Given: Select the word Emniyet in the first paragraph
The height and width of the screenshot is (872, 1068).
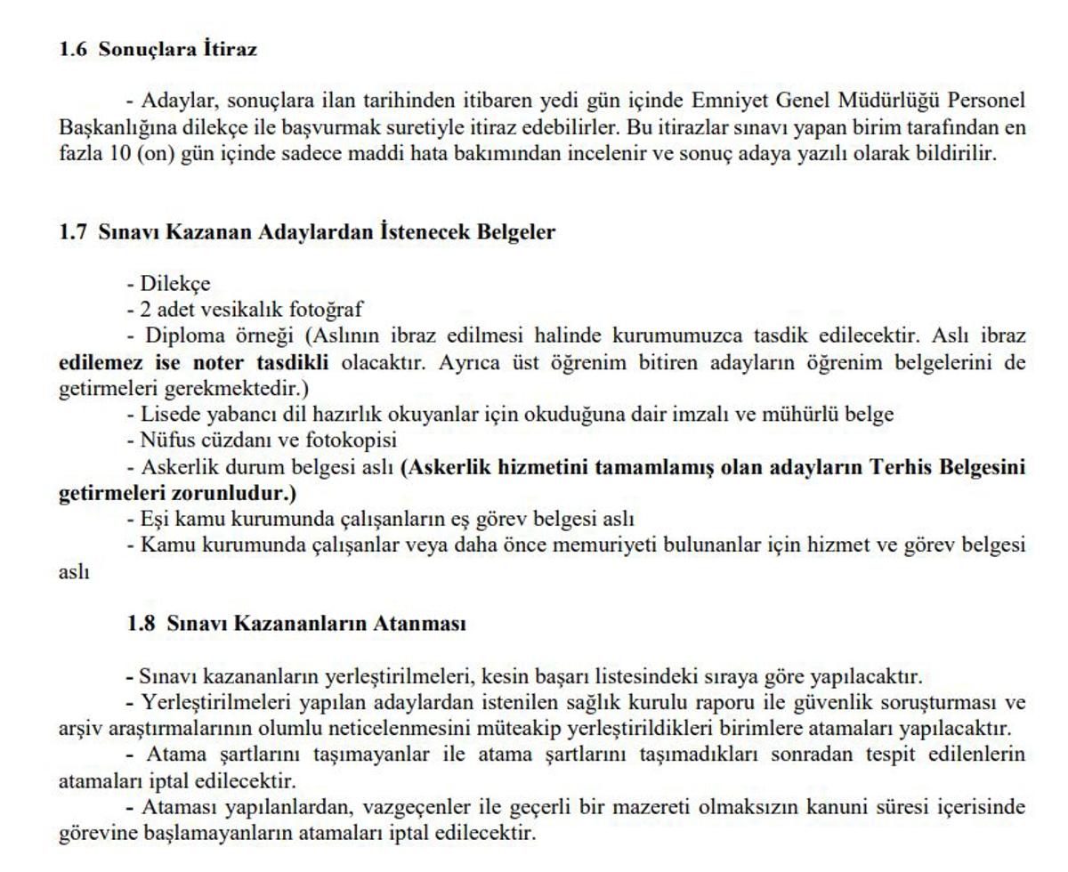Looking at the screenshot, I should click(730, 100).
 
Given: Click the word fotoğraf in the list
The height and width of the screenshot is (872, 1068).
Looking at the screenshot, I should click(327, 310).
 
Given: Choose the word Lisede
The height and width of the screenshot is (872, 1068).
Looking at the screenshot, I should click(169, 414).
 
